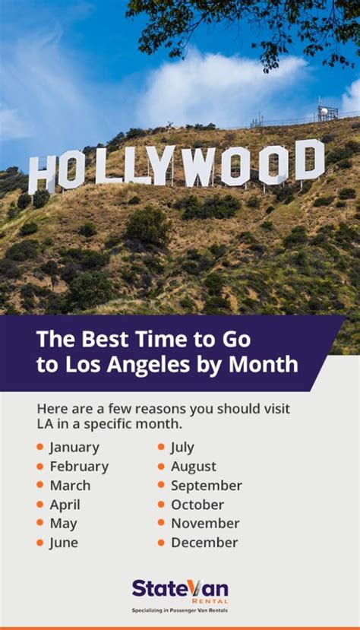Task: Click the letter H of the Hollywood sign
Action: coord(42,175)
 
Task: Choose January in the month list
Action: coord(74,448)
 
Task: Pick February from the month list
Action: coord(79,467)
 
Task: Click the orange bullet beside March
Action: coord(39,485)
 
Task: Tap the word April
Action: coord(65,505)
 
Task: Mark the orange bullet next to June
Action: coord(39,543)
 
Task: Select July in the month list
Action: coord(182,448)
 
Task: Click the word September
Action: coord(207,486)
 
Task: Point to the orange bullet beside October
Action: coord(161,504)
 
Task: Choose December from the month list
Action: coord(204,543)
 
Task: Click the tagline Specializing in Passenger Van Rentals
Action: coord(180,610)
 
